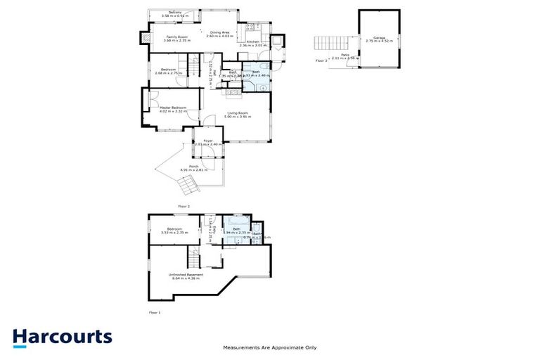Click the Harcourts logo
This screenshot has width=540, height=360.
62,337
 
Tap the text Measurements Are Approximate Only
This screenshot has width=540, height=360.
270,347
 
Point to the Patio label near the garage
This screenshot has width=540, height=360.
345,56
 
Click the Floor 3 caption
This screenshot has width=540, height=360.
321,61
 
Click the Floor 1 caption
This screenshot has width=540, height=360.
155,311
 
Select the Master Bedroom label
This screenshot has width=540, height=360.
173,109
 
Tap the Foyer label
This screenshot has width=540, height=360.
208,142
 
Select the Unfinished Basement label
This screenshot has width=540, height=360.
186,276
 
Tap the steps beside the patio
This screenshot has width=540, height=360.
324,43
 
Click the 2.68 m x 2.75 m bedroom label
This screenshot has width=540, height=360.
168,71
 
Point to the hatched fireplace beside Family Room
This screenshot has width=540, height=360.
147,37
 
